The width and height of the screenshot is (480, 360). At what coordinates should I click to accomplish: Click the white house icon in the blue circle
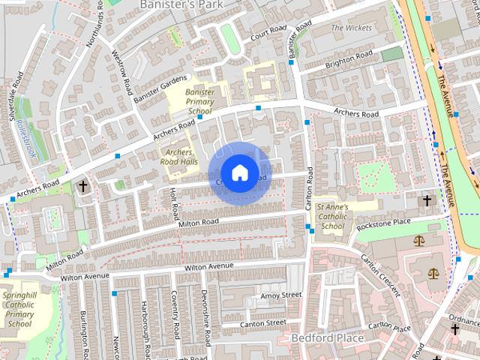[x=238, y=172]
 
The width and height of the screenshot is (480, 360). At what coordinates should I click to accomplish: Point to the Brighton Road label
[x=349, y=58]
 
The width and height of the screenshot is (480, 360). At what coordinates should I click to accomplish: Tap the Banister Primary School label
[x=200, y=102]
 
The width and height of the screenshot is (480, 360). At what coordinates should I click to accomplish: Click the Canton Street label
[x=262, y=323]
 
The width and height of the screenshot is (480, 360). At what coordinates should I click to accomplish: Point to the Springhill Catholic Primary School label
[x=19, y=309]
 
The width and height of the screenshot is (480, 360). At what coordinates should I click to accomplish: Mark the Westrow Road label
[x=120, y=73]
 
